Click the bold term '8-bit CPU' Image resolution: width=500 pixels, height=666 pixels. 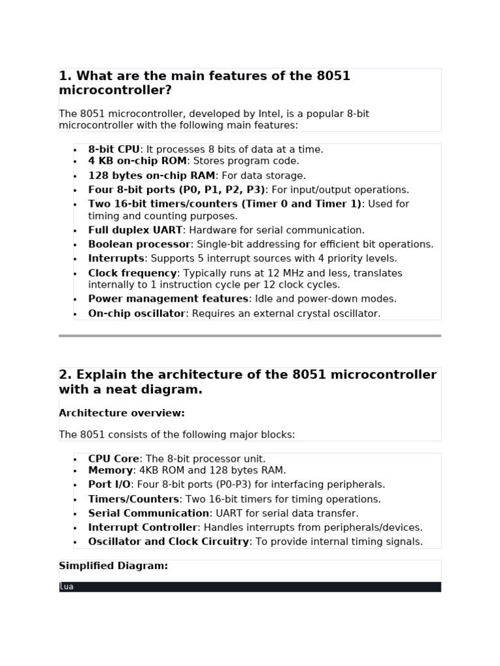click(x=114, y=150)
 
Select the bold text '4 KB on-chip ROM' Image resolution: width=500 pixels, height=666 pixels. click(x=137, y=161)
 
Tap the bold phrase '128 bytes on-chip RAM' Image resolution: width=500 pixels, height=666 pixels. click(x=152, y=176)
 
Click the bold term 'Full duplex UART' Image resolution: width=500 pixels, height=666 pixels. click(x=135, y=230)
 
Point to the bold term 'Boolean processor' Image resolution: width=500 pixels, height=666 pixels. click(x=139, y=245)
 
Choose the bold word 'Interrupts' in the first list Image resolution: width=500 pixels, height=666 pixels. click(x=116, y=259)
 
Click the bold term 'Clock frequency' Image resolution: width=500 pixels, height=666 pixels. click(x=133, y=273)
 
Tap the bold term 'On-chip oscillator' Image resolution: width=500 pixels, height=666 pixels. click(x=137, y=313)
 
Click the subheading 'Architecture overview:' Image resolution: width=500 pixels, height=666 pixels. click(x=122, y=413)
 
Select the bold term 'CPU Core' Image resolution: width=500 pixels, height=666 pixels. click(x=114, y=459)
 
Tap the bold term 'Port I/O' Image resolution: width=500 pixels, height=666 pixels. click(x=109, y=485)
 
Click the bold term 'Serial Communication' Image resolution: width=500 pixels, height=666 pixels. click(x=149, y=514)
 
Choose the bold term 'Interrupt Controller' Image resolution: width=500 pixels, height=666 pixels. click(x=143, y=528)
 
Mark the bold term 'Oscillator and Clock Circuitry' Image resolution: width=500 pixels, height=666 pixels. click(x=169, y=542)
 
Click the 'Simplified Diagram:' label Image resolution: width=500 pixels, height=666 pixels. click(x=113, y=566)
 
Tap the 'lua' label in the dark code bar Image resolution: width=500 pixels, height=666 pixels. click(x=66, y=587)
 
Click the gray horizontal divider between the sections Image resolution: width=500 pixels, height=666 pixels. click(x=250, y=336)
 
